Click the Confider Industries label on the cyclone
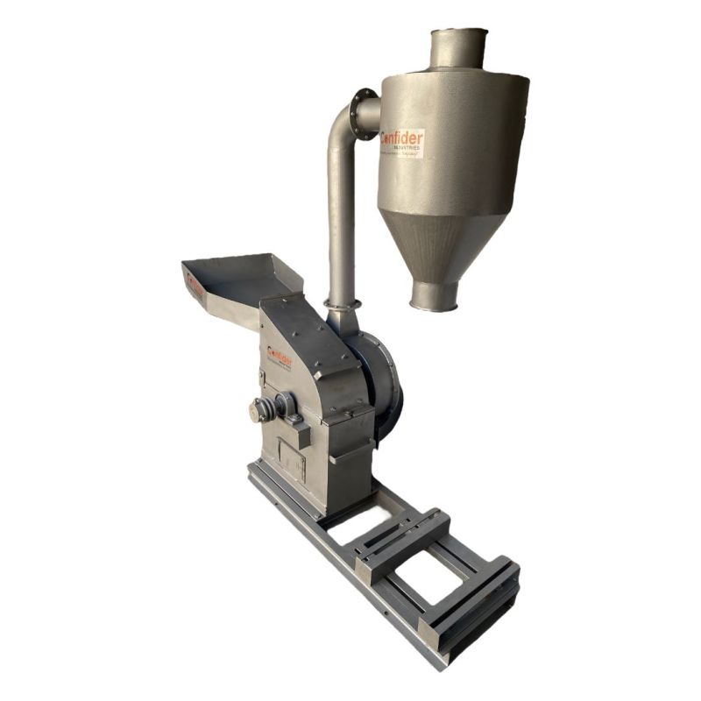(402, 143)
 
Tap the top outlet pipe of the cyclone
(457, 49)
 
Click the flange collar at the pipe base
(343, 304)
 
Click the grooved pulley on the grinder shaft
(260, 409)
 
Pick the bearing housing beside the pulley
(285, 405)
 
